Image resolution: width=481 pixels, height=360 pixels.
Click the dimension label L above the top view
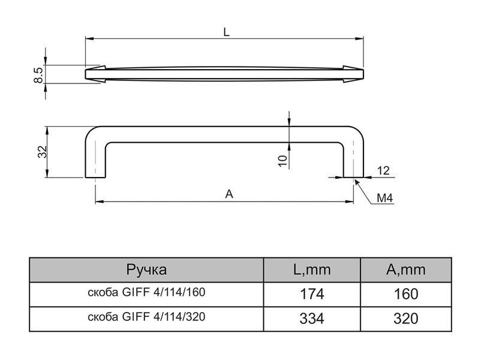(226, 32)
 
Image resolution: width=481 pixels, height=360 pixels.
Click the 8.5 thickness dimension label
(39, 75)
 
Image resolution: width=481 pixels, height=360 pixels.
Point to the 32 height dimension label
(42, 152)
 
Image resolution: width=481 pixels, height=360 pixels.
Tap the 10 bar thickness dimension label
(282, 161)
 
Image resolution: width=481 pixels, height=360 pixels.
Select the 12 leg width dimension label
(383, 170)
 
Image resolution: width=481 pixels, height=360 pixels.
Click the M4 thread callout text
(384, 198)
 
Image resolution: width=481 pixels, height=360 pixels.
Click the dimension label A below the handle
(229, 194)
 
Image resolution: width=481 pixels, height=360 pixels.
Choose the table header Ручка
(146, 270)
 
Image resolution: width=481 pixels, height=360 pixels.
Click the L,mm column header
(312, 270)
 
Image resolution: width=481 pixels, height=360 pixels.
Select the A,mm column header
(406, 270)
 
